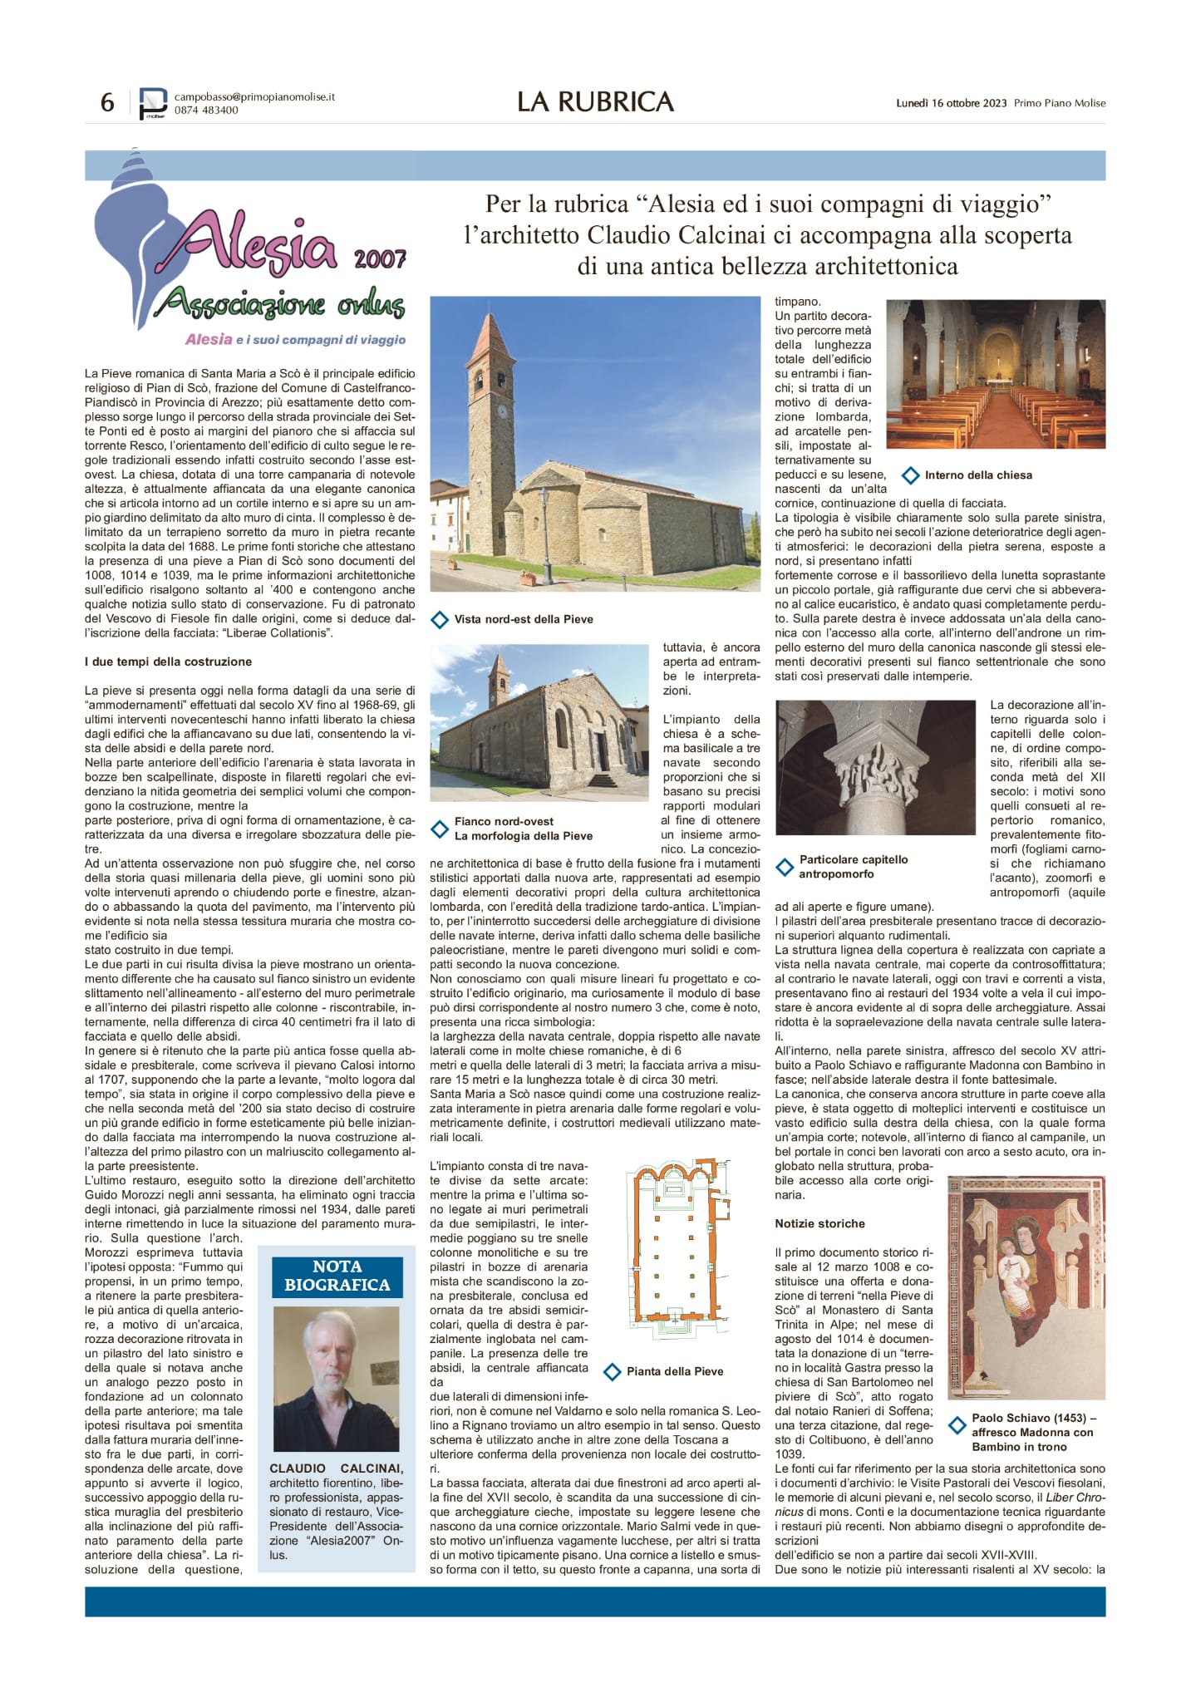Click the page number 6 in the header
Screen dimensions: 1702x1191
(107, 102)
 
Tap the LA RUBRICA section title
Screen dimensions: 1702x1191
(595, 101)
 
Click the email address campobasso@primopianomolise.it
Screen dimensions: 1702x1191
(254, 96)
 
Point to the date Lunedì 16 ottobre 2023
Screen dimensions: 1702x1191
(951, 103)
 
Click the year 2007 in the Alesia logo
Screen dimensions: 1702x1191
(380, 259)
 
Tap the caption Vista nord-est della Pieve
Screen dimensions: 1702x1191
(523, 619)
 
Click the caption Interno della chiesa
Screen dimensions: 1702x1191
(977, 475)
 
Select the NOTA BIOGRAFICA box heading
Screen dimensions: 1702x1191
(337, 1276)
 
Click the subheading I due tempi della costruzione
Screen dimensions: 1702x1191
(168, 662)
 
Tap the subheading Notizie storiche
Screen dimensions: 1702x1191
(819, 1223)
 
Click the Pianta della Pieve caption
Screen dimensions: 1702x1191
(674, 1371)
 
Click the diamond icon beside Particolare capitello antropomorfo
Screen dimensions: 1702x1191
(785, 868)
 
